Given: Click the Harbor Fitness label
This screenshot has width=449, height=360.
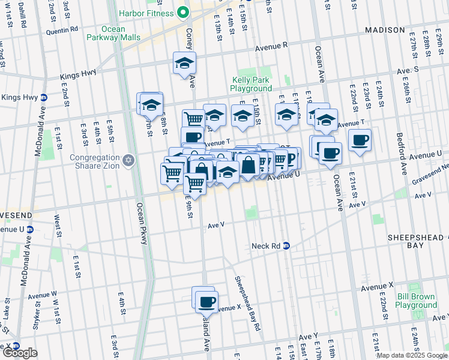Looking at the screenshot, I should [146, 13].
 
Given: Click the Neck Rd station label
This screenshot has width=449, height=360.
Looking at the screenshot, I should [262, 246].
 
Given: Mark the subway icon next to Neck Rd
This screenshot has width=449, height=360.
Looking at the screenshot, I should [286, 245].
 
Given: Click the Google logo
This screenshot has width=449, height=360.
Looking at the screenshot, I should [20, 353].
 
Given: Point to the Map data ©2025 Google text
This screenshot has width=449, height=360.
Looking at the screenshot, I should [412, 355].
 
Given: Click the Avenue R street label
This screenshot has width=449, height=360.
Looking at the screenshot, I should [271, 46].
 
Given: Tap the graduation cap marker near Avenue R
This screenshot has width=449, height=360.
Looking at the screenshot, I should [185, 63].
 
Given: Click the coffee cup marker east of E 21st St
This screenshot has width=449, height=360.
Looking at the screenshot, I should [360, 140].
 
